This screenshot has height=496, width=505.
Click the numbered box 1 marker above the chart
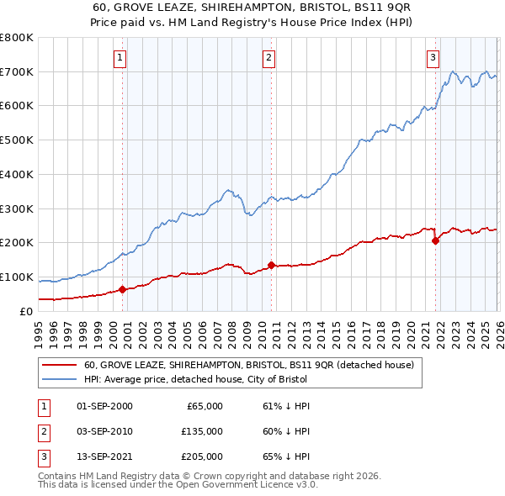click(x=120, y=58)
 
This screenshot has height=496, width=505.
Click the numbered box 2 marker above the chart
click(x=268, y=58)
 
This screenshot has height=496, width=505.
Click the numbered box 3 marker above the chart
click(x=433, y=58)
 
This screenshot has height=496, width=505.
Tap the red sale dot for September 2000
click(x=123, y=289)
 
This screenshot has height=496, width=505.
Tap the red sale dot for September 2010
click(x=271, y=265)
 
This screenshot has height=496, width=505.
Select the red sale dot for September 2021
click(x=435, y=241)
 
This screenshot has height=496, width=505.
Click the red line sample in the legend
click(x=59, y=366)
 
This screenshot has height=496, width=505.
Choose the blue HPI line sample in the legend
click(x=59, y=379)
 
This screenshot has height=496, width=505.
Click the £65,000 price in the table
click(x=202, y=406)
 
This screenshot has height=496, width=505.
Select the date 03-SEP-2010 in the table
click(x=105, y=431)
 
